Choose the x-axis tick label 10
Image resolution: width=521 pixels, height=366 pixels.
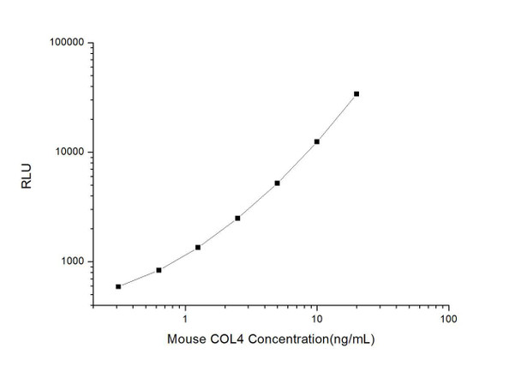pyautogui.click(x=316, y=320)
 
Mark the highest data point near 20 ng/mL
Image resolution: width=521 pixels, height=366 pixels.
pyautogui.click(x=356, y=93)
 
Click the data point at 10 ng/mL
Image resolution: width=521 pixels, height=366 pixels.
pyautogui.click(x=317, y=141)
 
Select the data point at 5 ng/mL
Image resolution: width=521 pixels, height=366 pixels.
pyautogui.click(x=278, y=183)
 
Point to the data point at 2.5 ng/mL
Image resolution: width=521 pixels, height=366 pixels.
pyautogui.click(x=237, y=218)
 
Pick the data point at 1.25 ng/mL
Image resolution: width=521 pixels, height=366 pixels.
pyautogui.click(x=198, y=247)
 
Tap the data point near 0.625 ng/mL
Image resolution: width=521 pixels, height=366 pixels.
pyautogui.click(x=159, y=270)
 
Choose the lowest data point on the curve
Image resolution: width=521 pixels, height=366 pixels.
pyautogui.click(x=118, y=286)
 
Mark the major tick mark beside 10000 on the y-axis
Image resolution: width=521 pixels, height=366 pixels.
pyautogui.click(x=90, y=153)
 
